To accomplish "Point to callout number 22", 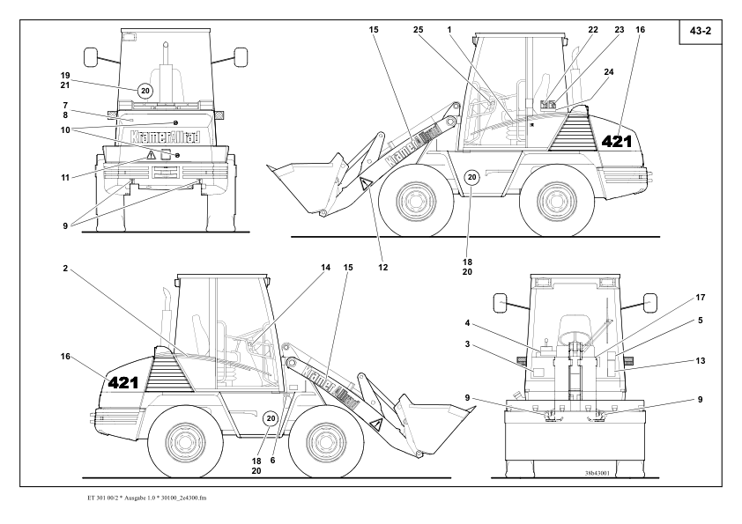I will coord(593,30).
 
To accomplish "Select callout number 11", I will coord(66,176).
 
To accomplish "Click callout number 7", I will coord(66,104).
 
